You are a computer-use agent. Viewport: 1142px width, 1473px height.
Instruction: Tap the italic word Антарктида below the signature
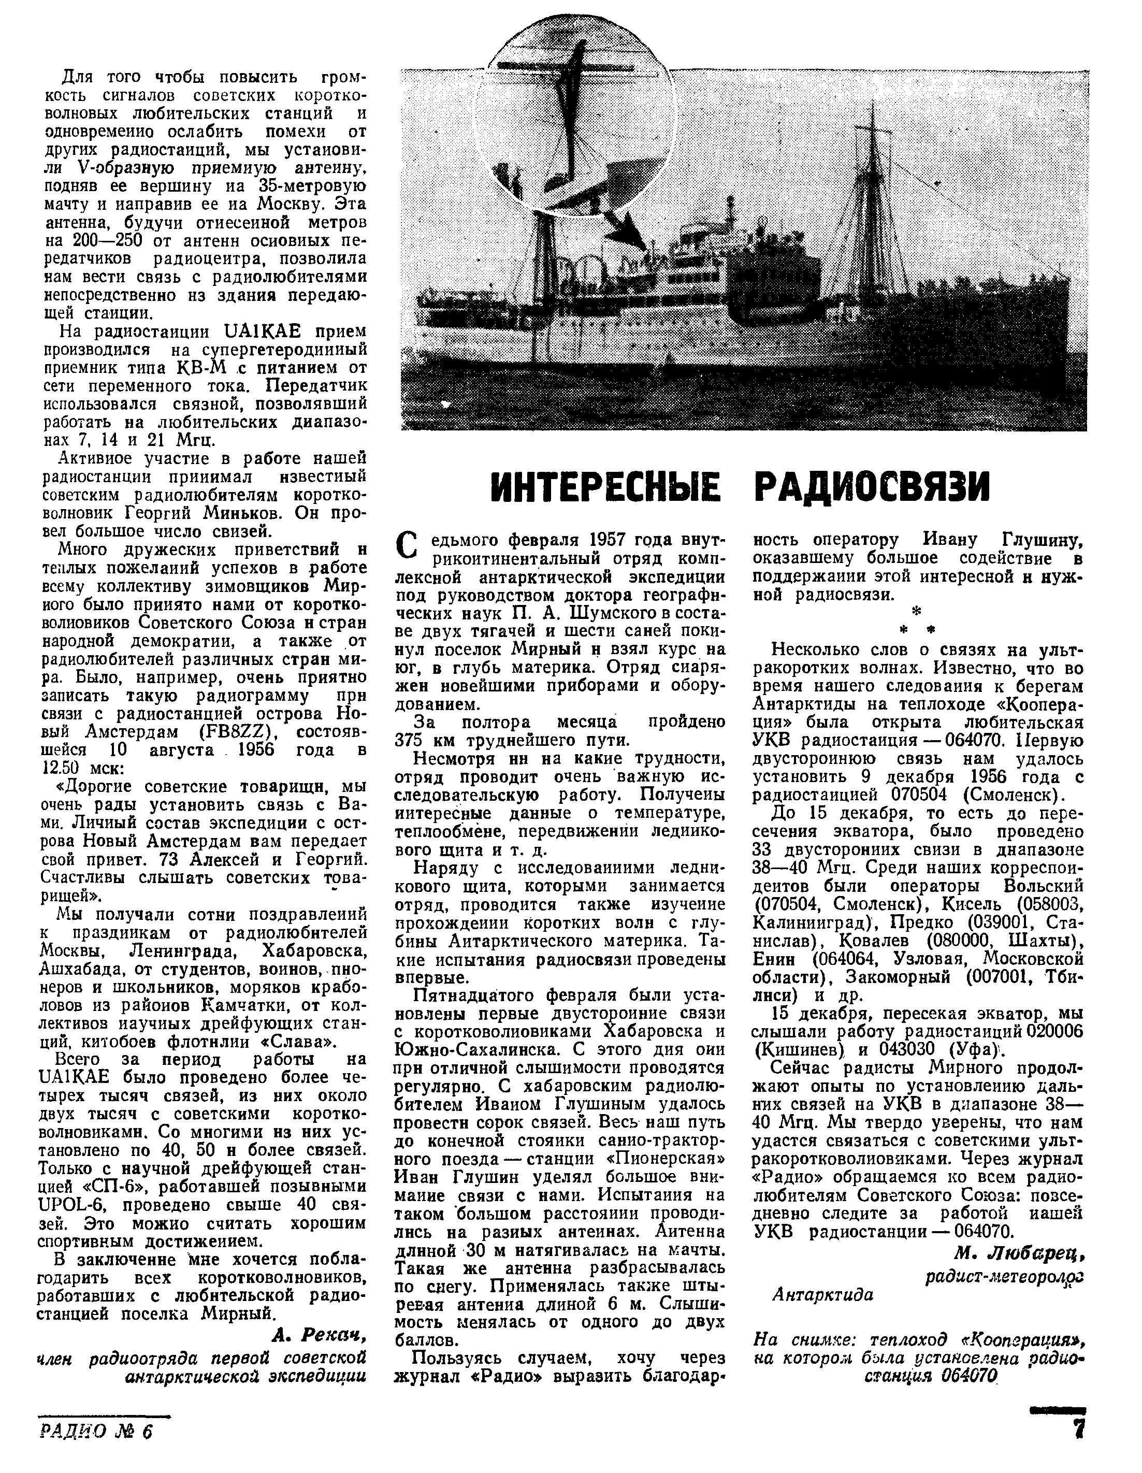pos(822,1294)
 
